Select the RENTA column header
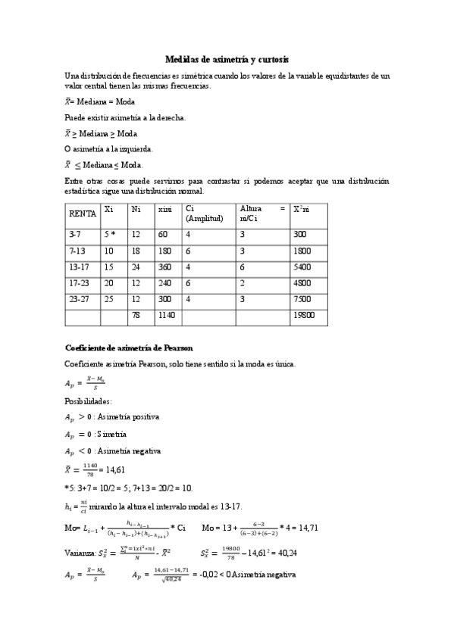click(83, 214)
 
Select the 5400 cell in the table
click(302, 267)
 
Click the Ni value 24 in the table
click(136, 267)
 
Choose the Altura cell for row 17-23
click(242, 283)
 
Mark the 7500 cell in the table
click(302, 299)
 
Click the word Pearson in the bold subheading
click(177, 348)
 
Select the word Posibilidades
click(88, 401)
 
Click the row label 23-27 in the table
click(80, 299)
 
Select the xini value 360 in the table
click(165, 267)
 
